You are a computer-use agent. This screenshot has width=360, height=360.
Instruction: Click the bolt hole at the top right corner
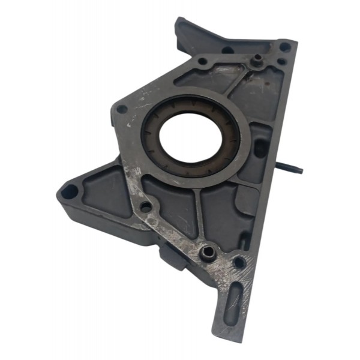tap(285, 46)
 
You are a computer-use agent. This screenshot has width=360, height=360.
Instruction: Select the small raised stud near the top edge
tap(257, 59)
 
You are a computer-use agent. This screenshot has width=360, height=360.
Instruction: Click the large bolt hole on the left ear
tap(70, 192)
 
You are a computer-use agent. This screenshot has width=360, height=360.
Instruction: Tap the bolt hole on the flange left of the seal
tap(122, 109)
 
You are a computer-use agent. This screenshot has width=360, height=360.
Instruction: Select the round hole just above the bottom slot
tap(239, 262)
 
